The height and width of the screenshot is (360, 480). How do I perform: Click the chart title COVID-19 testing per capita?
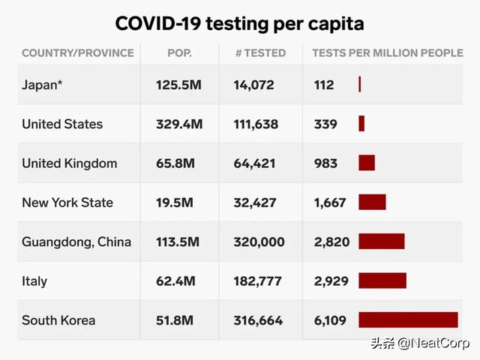tap(239, 23)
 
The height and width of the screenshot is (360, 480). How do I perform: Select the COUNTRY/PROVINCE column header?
tap(78, 53)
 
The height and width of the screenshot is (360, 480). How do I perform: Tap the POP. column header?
tap(180, 53)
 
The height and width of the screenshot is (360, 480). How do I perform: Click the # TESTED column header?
tap(260, 53)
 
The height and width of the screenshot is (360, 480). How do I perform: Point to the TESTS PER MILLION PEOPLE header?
tap(388, 53)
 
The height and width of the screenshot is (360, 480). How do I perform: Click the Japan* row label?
tap(42, 85)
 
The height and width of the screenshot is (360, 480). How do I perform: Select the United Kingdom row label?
tap(69, 163)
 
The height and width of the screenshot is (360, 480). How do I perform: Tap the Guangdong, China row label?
tap(76, 241)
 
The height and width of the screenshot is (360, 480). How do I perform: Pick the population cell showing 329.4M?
tap(178, 124)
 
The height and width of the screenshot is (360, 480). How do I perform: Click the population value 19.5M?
tap(175, 202)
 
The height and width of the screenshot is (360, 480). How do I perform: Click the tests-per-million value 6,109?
tap(330, 320)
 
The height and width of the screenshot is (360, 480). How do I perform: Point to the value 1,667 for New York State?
tap(330, 202)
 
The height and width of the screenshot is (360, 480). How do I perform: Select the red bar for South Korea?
tap(408, 320)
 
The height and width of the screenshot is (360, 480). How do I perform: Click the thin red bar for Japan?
tap(360, 85)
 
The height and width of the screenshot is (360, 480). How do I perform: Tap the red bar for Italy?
tap(382, 281)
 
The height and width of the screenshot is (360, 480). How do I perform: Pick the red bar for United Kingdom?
tap(367, 163)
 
